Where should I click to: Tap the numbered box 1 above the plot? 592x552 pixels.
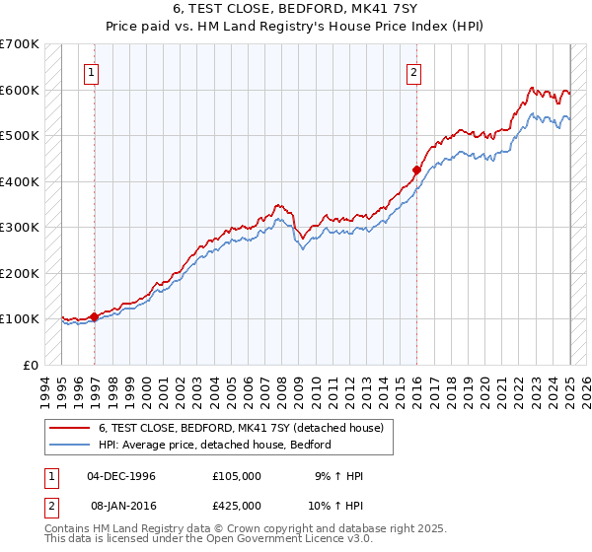(91, 71)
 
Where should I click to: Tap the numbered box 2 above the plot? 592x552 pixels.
(413, 71)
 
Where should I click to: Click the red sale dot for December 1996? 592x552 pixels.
(95, 316)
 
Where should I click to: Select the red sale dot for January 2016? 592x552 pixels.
(416, 170)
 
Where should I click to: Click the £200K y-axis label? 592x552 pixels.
(23, 273)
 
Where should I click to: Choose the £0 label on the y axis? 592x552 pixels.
(32, 365)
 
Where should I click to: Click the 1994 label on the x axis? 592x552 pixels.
(44, 389)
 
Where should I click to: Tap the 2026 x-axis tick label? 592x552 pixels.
(584, 389)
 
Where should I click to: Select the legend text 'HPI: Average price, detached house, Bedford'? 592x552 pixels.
(214, 445)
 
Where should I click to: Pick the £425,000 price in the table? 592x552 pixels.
(236, 506)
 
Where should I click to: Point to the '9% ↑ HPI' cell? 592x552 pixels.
(335, 476)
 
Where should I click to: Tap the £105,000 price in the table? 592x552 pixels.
(236, 476)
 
